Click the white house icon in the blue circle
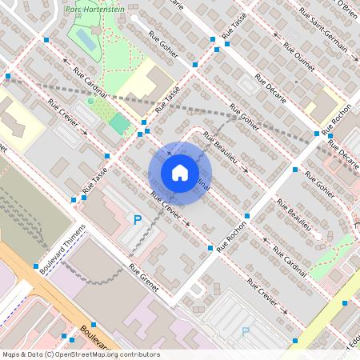coord(180,173)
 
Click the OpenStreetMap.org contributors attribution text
coord(108,354)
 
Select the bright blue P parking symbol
coord(138,218)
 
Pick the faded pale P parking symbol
coord(246,330)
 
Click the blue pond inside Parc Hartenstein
coord(86,39)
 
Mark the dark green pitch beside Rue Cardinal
coord(119,123)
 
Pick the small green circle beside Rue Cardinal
coord(91,102)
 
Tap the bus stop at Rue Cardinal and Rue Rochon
coord(247,217)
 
